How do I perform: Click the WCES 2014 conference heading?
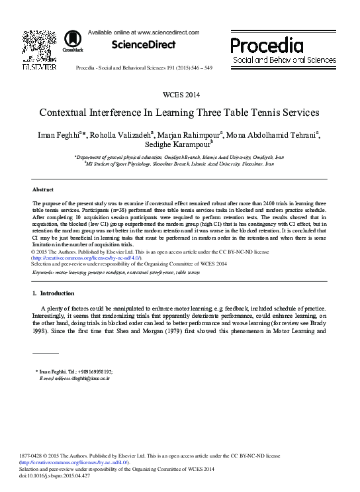(180, 94)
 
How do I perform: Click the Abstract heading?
(43, 189)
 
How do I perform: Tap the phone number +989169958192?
(91, 372)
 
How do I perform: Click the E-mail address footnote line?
(75, 379)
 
